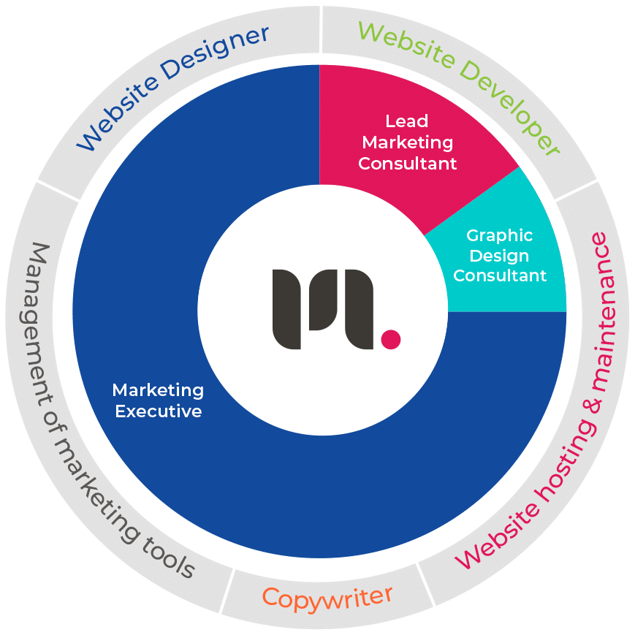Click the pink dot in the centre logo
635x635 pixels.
[x=391, y=339]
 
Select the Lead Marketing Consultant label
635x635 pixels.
[x=407, y=142]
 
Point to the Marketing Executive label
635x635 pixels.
[x=158, y=400]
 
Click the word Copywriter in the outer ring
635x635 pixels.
[x=327, y=596]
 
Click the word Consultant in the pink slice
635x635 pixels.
[x=407, y=163]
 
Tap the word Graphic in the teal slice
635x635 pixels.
[x=499, y=236]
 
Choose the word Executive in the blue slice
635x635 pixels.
[x=158, y=411]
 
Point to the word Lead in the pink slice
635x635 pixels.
[x=407, y=121]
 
